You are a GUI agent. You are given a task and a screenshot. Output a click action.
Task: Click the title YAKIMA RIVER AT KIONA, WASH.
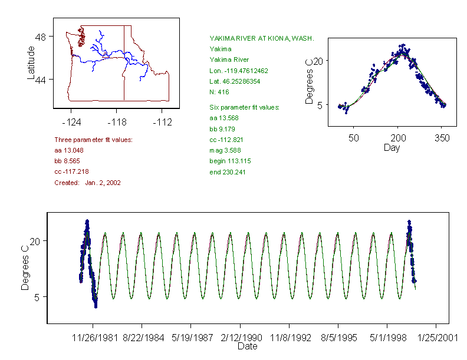pyautogui.click(x=261, y=38)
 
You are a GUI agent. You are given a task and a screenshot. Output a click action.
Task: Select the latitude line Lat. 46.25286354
pyautogui.click(x=235, y=81)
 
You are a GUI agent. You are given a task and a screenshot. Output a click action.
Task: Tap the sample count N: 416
pyautogui.click(x=219, y=92)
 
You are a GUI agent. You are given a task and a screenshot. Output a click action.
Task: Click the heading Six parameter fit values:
pyautogui.click(x=244, y=107)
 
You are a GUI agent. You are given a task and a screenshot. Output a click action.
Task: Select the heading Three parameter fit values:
pyautogui.click(x=93, y=140)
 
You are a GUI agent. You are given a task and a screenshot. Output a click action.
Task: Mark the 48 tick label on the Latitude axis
pyautogui.click(x=40, y=37)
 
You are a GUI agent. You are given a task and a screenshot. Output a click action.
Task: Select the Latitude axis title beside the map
pyautogui.click(x=31, y=62)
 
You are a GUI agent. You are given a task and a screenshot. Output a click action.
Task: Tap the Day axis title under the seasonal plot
pyautogui.click(x=392, y=147)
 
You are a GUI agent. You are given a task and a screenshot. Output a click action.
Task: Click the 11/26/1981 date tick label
pyautogui.click(x=93, y=338)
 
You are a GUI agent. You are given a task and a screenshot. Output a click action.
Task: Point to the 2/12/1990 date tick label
pyautogui.click(x=239, y=338)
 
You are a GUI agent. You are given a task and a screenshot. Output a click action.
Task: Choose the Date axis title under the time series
pyautogui.click(x=247, y=346)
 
